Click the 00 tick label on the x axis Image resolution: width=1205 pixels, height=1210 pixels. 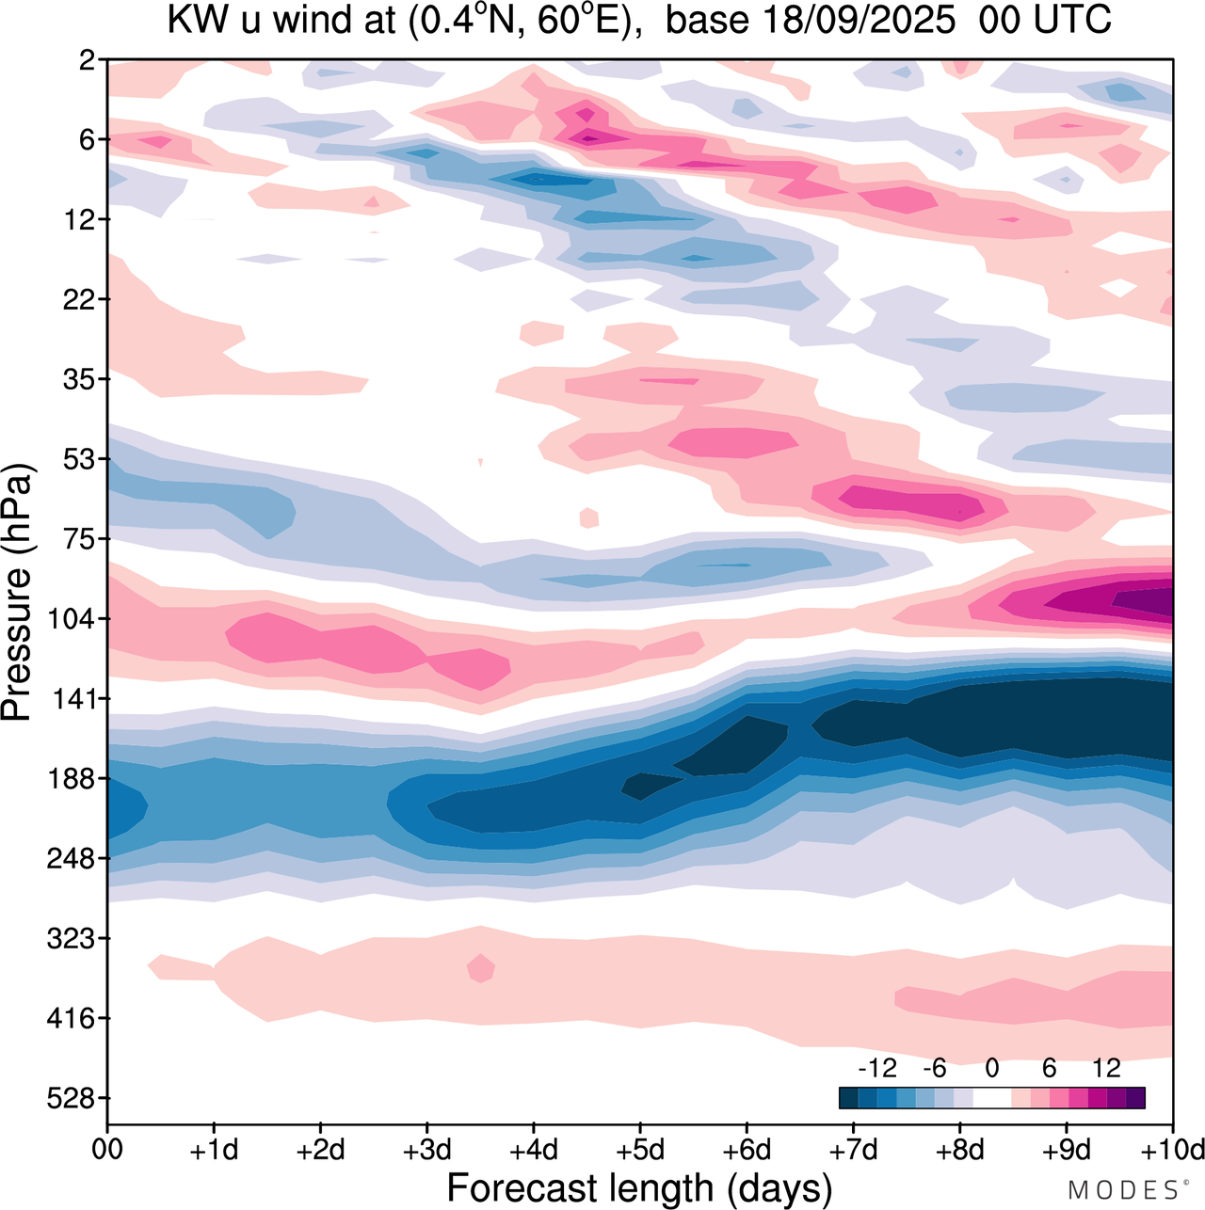click(107, 1150)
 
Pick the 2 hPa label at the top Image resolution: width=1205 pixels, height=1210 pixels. click(88, 60)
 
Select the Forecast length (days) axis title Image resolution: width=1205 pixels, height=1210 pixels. click(639, 1188)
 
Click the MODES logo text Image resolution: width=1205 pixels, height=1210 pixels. click(1122, 1190)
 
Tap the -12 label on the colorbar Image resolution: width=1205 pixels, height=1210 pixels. click(876, 1068)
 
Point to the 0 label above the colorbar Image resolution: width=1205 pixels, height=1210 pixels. click(992, 1068)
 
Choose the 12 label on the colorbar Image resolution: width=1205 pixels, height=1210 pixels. click(1107, 1068)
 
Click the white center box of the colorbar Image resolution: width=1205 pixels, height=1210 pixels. click(991, 1098)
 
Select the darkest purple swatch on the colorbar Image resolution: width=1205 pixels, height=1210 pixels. click(1135, 1098)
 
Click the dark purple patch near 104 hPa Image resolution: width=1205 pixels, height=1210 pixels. click(1144, 600)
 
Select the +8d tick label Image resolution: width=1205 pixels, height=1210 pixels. click(960, 1150)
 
